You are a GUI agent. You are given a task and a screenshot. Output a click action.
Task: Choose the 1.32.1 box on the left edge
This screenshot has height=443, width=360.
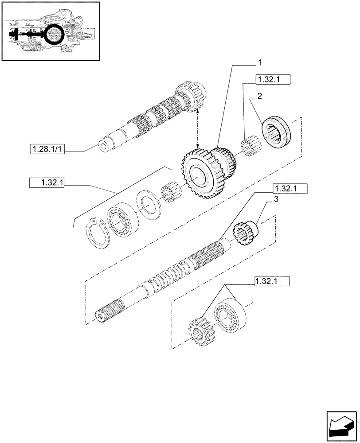pos(47,182)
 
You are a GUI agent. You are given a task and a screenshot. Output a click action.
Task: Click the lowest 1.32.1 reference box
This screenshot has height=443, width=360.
pos(272,280)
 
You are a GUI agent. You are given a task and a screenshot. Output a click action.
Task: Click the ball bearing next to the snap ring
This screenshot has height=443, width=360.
pos(120,220)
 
